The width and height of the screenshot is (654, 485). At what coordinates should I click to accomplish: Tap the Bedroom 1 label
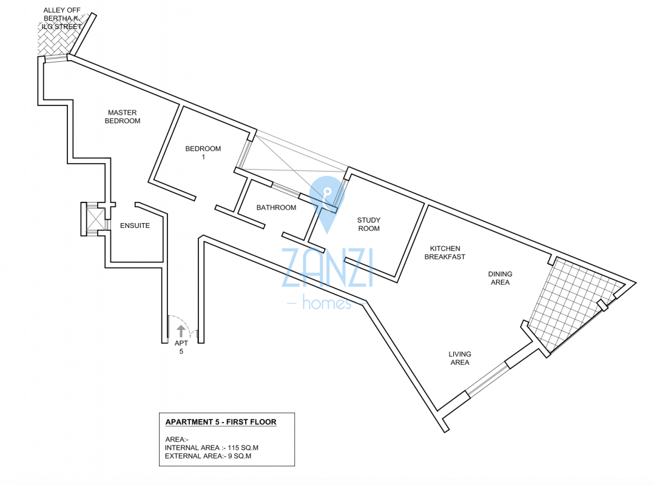[203, 152]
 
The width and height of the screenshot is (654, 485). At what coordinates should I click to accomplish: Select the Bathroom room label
[276, 207]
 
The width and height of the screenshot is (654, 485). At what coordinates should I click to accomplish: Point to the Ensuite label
[135, 226]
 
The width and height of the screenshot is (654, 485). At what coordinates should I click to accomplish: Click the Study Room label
[368, 224]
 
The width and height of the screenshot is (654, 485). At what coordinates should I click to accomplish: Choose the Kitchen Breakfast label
[445, 252]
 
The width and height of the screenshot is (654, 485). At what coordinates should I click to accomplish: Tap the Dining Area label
[499, 278]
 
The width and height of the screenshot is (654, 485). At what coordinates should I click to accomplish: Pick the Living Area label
[459, 358]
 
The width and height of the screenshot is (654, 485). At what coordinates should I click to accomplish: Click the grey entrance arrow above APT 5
[181, 330]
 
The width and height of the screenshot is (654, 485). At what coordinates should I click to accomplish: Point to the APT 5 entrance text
[181, 347]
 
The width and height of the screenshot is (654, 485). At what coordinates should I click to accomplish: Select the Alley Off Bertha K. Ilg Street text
[62, 18]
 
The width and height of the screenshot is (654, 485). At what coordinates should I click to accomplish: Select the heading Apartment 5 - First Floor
[221, 422]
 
